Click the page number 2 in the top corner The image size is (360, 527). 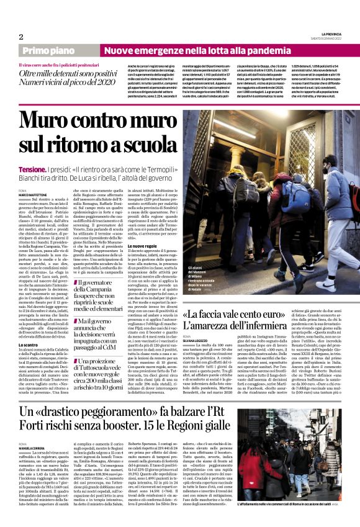[21, 37]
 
